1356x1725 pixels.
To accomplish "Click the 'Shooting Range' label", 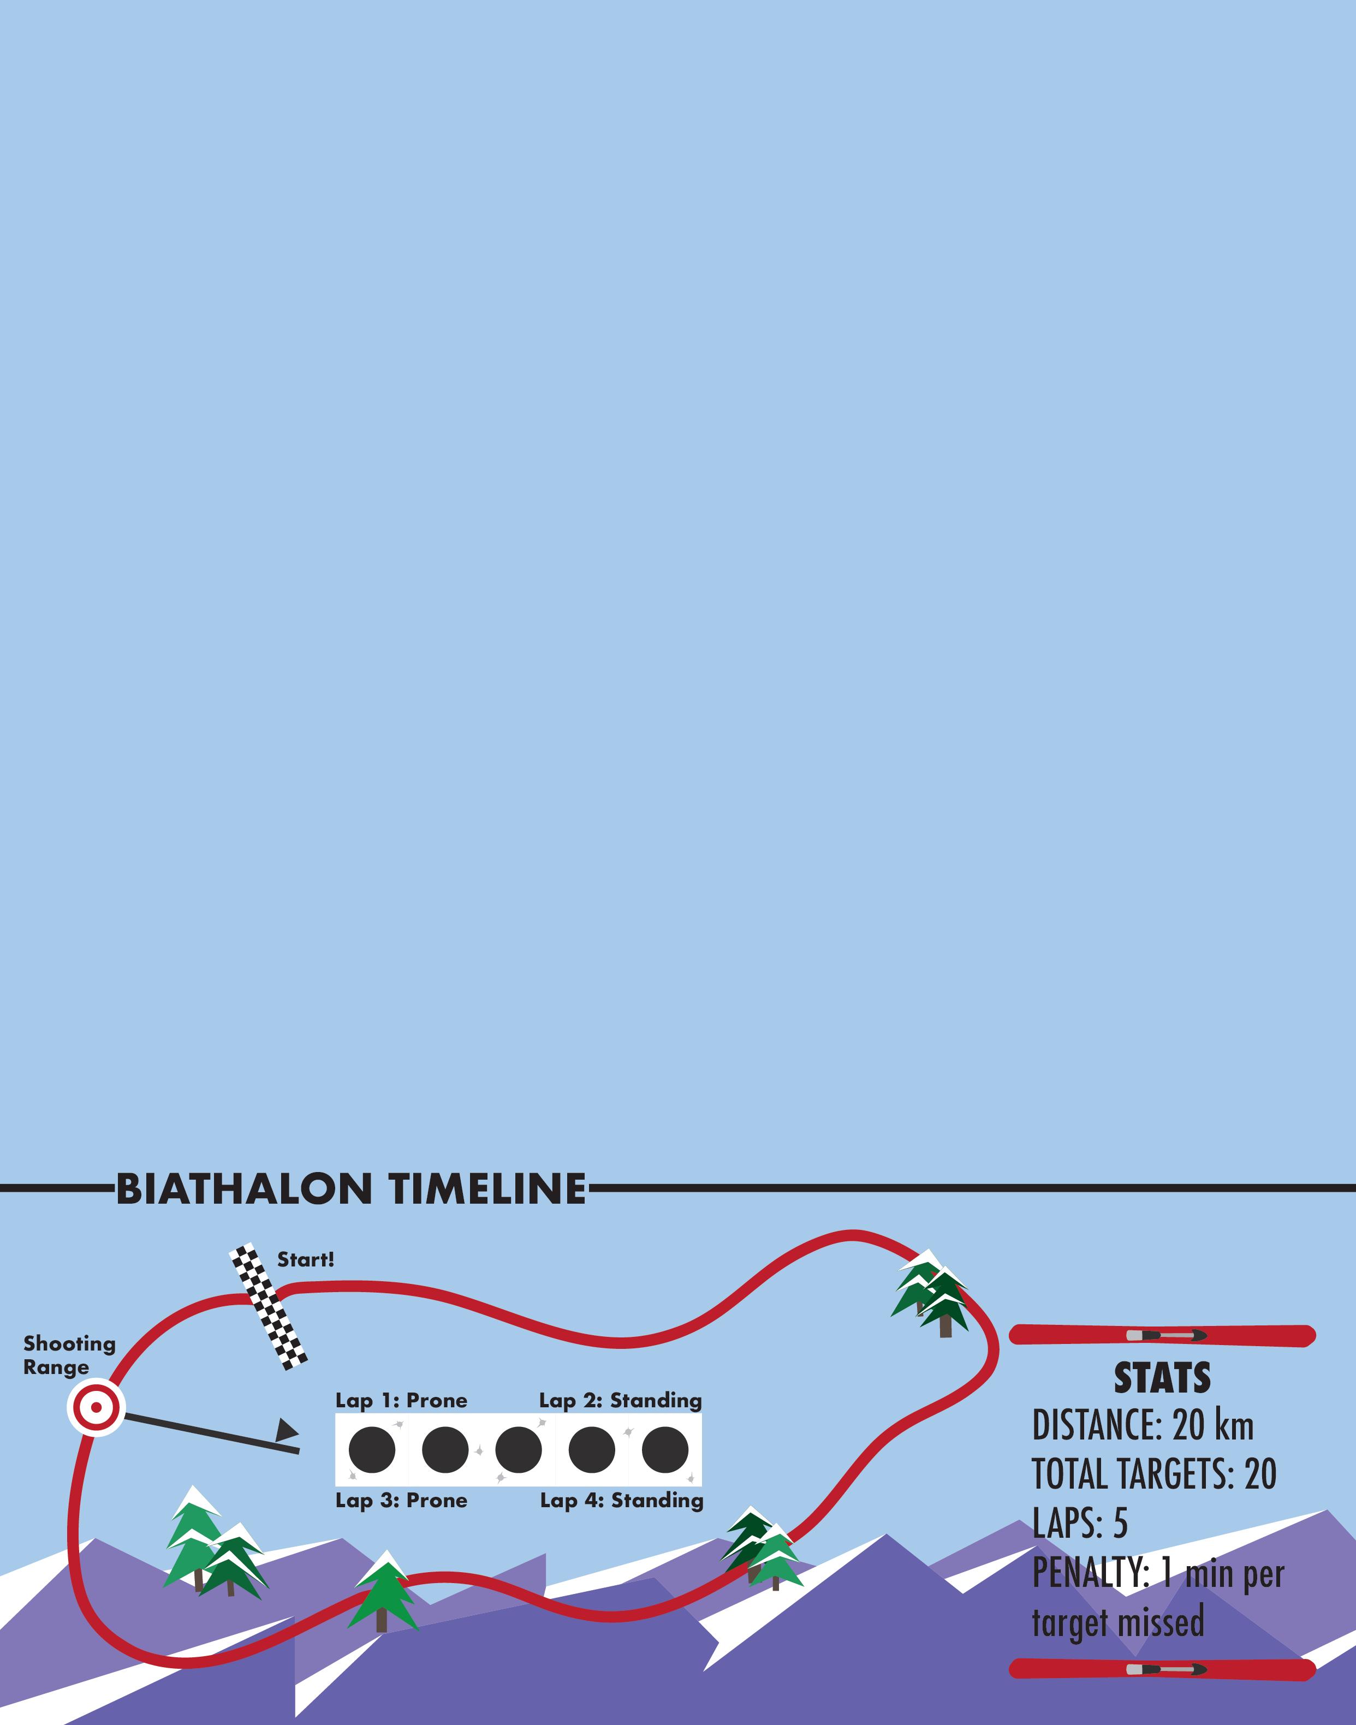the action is click(x=69, y=1355).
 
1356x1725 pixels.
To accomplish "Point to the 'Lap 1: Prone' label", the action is click(x=401, y=1400).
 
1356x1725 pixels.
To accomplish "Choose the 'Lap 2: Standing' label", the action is click(x=620, y=1400).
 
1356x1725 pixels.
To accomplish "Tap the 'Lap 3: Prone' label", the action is click(x=401, y=1500).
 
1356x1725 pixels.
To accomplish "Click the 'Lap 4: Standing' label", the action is click(x=622, y=1500).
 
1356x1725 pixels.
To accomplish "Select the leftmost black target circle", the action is click(x=372, y=1449).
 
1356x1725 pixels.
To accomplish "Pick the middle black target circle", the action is click(x=519, y=1449).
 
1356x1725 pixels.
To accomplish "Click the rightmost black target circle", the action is click(x=665, y=1449).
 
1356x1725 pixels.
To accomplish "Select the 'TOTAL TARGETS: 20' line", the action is click(x=1153, y=1474).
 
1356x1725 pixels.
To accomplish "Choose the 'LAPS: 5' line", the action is click(x=1080, y=1522).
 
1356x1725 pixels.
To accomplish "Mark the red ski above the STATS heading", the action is click(x=1162, y=1335).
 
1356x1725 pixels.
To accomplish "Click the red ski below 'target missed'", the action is click(x=1162, y=1669).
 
